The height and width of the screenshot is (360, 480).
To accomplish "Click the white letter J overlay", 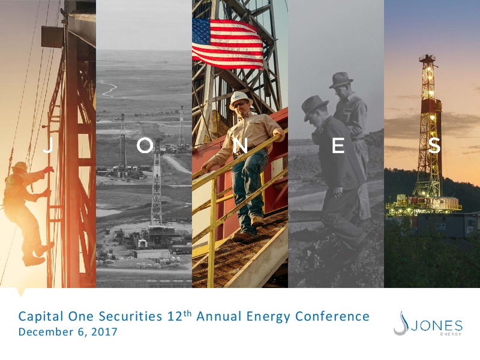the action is pyautogui.click(x=48, y=146).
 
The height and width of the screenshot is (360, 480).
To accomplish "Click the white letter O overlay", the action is pyautogui.click(x=145, y=145).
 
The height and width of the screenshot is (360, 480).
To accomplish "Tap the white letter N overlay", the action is pyautogui.click(x=241, y=146).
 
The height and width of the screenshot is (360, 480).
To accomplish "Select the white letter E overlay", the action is pyautogui.click(x=338, y=146).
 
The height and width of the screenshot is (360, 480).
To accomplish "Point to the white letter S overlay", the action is pyautogui.click(x=434, y=146).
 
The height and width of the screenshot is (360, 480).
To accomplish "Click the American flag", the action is pyautogui.click(x=227, y=43).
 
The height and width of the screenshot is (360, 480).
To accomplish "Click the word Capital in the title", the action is pyautogui.click(x=41, y=317).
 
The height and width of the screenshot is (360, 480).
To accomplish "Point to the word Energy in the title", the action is pyautogui.click(x=268, y=317).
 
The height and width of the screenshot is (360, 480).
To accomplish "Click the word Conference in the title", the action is pyautogui.click(x=332, y=316).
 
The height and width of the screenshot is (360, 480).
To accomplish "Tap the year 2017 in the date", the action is pyautogui.click(x=104, y=332).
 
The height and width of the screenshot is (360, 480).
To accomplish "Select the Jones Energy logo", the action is pyautogui.click(x=428, y=323).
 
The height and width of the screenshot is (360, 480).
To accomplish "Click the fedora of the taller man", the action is pyautogui.click(x=341, y=80).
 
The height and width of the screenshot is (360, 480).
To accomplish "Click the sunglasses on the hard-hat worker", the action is pyautogui.click(x=240, y=104).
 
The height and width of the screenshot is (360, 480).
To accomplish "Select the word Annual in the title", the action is pyautogui.click(x=219, y=316).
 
